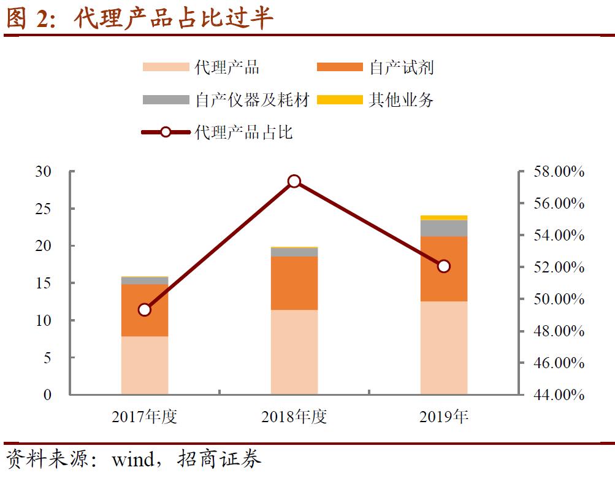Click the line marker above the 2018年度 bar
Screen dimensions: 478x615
point(294,181)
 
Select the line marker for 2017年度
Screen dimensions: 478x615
point(145,309)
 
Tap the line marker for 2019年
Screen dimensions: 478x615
point(444,266)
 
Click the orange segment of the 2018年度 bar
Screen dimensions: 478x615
point(294,283)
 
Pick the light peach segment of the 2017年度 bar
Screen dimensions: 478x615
point(145,365)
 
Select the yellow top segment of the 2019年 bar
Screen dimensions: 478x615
point(444,217)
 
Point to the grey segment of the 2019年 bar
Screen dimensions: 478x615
point(444,228)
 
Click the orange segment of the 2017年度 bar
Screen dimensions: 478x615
point(145,310)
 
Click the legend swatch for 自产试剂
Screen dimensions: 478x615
point(340,67)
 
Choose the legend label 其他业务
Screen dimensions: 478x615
point(401,99)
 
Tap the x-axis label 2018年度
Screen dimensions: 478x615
point(294,417)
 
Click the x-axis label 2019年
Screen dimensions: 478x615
point(444,417)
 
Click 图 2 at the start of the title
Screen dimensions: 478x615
point(26,19)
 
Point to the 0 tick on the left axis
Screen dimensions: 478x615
point(47,395)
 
